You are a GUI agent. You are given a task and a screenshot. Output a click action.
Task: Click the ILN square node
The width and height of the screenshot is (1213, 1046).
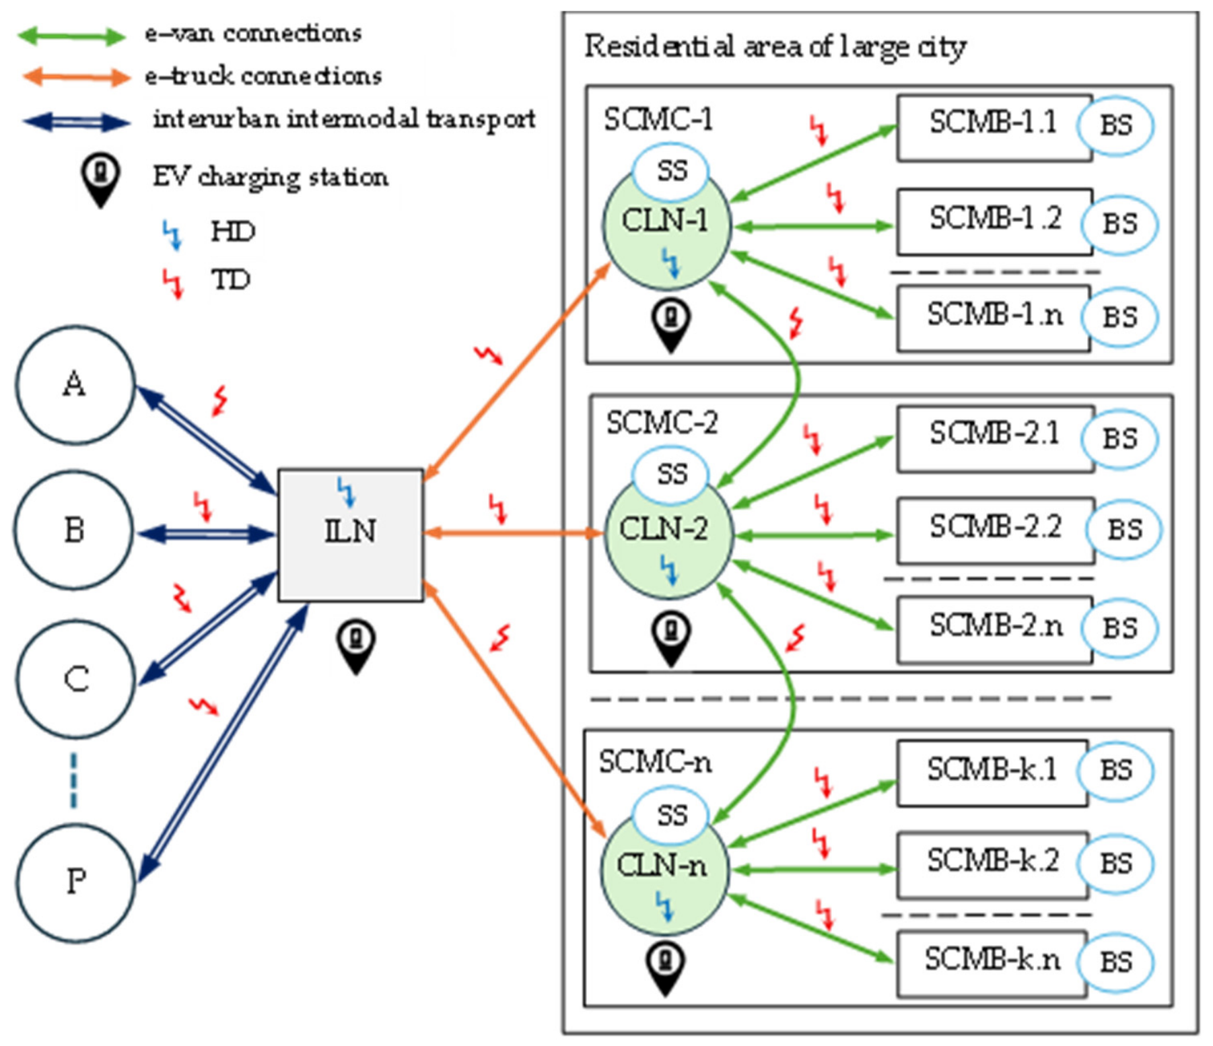pyautogui.click(x=351, y=535)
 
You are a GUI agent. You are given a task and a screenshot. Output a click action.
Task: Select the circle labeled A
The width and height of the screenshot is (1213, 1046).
pyautogui.click(x=75, y=385)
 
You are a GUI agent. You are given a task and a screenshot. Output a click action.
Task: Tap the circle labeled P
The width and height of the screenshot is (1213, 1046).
pyautogui.click(x=75, y=882)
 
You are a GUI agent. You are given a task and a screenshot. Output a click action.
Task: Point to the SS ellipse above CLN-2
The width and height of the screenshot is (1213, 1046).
pyautogui.click(x=671, y=475)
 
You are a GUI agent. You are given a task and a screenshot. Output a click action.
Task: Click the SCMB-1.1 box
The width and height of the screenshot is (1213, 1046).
pyautogui.click(x=994, y=127)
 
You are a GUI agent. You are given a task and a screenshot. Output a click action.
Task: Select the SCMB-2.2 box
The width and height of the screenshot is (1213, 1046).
pyautogui.click(x=996, y=530)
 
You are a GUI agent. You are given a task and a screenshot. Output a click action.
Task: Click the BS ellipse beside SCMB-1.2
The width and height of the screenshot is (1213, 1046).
pyautogui.click(x=1119, y=224)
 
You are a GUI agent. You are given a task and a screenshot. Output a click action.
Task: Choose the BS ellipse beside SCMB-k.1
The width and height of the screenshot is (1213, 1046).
pyautogui.click(x=1115, y=771)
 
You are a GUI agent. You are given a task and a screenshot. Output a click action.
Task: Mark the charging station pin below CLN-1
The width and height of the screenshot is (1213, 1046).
pyautogui.click(x=671, y=326)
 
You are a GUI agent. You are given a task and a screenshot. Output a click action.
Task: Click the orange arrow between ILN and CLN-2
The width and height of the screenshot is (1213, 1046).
pyautogui.click(x=514, y=534)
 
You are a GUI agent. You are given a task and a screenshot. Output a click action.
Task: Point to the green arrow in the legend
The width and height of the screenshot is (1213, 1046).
pyautogui.click(x=71, y=35)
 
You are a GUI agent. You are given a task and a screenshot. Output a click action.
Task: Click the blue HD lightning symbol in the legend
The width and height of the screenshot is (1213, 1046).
pyautogui.click(x=172, y=235)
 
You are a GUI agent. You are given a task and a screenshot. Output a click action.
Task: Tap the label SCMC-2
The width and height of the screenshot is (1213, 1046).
pyautogui.click(x=661, y=423)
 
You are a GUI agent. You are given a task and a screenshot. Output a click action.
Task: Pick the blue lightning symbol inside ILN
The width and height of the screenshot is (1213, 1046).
pyautogui.click(x=346, y=492)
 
